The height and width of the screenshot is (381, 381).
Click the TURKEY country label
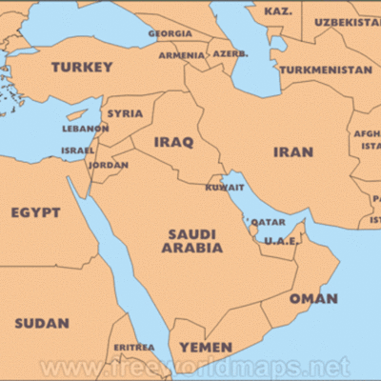tap(82, 68)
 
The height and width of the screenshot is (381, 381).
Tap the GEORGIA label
tap(170, 33)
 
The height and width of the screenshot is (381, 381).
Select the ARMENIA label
tap(180, 55)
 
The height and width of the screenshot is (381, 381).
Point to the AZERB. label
tap(230, 53)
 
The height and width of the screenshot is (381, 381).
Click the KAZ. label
tap(277, 11)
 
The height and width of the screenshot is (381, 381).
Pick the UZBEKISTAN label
tap(348, 21)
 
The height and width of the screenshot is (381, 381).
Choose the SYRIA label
tap(125, 112)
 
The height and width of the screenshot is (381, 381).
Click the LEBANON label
tap(85, 129)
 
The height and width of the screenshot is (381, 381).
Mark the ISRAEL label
tap(77, 150)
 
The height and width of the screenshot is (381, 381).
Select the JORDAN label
tap(108, 165)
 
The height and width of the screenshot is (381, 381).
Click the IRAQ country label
tap(174, 143)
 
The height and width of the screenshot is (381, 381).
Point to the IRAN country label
tap(292, 151)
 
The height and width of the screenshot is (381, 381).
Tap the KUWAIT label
tap(225, 187)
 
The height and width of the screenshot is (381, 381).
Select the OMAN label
tap(313, 298)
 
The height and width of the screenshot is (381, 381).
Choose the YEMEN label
tap(206, 347)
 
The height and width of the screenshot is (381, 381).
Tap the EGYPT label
tap(35, 212)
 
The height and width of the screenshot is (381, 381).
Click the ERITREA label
tap(133, 347)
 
